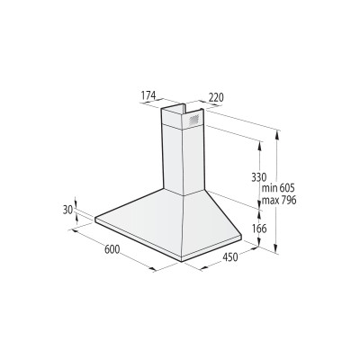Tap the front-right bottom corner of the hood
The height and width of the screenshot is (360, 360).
(182, 260)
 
